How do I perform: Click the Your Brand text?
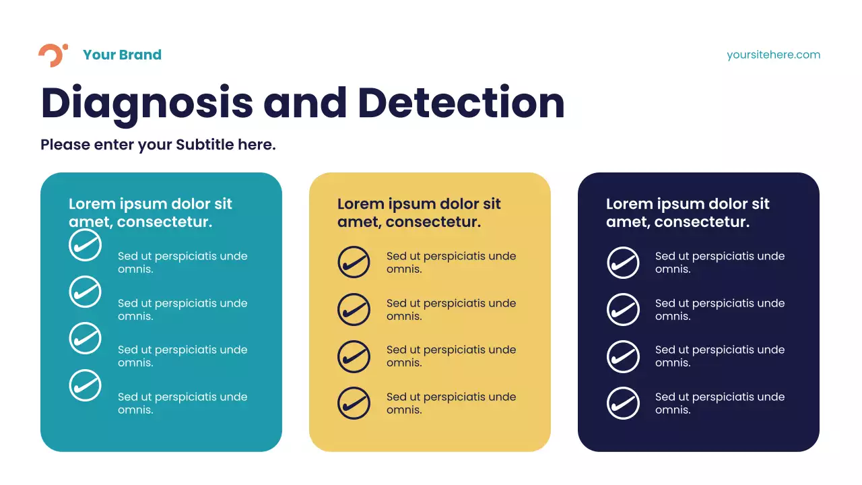pyautogui.click(x=122, y=55)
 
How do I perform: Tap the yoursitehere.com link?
pyautogui.click(x=773, y=55)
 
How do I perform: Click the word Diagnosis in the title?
pyautogui.click(x=147, y=103)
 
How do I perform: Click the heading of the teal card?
pyautogui.click(x=150, y=213)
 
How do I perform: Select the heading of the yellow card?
pyautogui.click(x=419, y=213)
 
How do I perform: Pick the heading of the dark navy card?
pyautogui.click(x=688, y=213)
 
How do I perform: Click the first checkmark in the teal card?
pyautogui.click(x=85, y=245)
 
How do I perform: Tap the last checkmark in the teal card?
pyautogui.click(x=85, y=386)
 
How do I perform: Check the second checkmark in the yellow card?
pyautogui.click(x=354, y=310)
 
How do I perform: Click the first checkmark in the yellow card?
pyautogui.click(x=354, y=263)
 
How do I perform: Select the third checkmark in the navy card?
pyautogui.click(x=623, y=356)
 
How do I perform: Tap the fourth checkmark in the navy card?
pyautogui.click(x=623, y=403)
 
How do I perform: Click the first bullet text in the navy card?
pyautogui.click(x=719, y=263)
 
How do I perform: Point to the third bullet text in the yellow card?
pyautogui.click(x=451, y=356)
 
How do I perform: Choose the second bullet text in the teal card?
pyautogui.click(x=182, y=310)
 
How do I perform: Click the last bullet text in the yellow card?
pyautogui.click(x=451, y=403)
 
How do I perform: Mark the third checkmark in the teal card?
pyautogui.click(x=85, y=339)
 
